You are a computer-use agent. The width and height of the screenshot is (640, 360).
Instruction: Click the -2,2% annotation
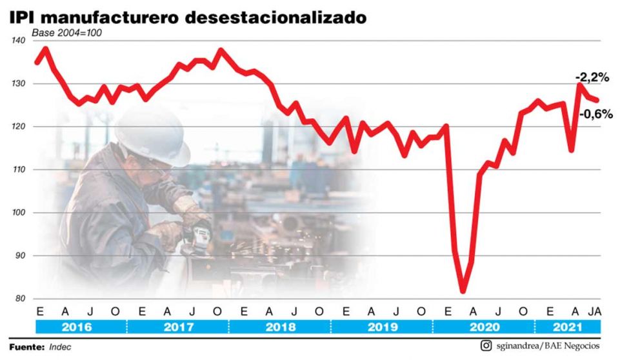592,77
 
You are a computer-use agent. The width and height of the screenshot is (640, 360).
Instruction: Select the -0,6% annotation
595,114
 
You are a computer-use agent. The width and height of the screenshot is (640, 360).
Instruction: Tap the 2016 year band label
76,327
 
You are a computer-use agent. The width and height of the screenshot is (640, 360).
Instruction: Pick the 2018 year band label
280,327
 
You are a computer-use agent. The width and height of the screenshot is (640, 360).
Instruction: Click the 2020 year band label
484,327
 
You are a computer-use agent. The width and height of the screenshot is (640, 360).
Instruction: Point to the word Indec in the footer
60,346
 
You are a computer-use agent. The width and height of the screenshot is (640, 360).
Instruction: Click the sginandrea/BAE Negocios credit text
548,346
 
